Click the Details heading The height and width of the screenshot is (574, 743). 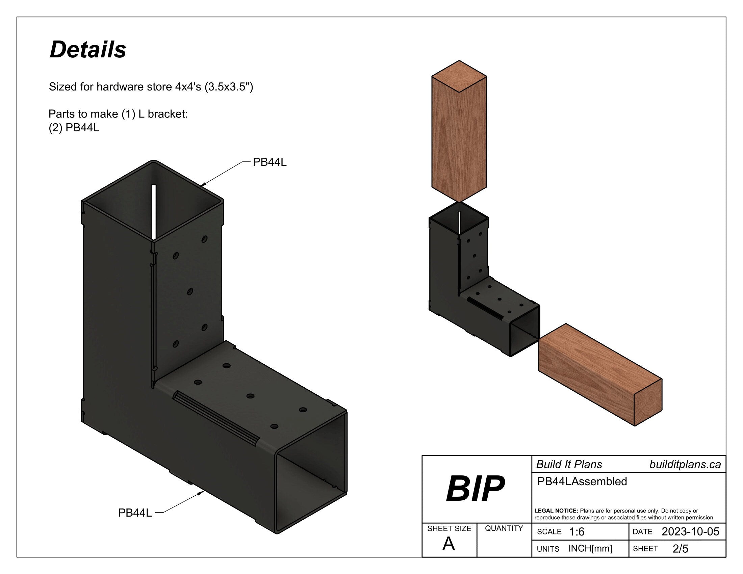pyautogui.click(x=88, y=50)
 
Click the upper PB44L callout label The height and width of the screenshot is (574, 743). pyautogui.click(x=270, y=162)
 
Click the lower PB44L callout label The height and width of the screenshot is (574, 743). pyautogui.click(x=135, y=513)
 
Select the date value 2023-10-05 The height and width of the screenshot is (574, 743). pyautogui.click(x=690, y=531)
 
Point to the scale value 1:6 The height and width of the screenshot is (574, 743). pyautogui.click(x=577, y=532)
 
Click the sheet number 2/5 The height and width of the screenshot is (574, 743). pyautogui.click(x=680, y=549)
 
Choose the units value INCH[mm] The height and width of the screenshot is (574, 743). pyautogui.click(x=590, y=548)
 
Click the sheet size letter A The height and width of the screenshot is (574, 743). pyautogui.click(x=449, y=544)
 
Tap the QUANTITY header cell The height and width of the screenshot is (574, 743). pyautogui.click(x=504, y=528)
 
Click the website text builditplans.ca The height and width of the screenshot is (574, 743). pyautogui.click(x=685, y=465)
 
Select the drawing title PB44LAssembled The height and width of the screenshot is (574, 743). pyautogui.click(x=582, y=481)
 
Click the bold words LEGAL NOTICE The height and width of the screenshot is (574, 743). pyautogui.click(x=556, y=511)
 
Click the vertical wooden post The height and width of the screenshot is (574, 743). pyautogui.click(x=459, y=136)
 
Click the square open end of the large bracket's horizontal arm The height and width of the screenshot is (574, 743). pyautogui.click(x=311, y=473)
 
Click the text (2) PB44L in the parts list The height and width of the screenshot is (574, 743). pyautogui.click(x=74, y=128)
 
